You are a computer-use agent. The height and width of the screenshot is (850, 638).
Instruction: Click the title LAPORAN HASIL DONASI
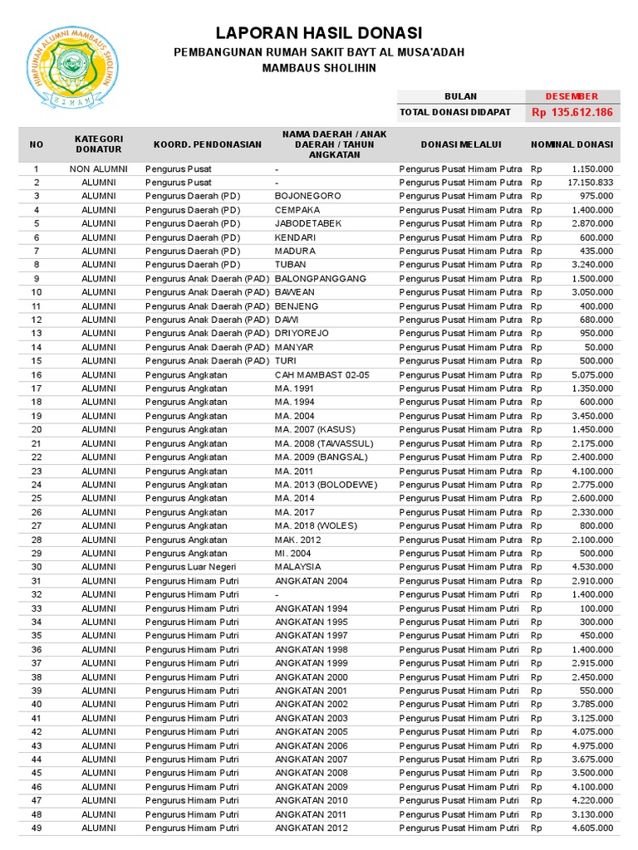coord(319,33)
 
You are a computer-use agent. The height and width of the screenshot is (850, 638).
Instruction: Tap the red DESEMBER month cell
coord(571,96)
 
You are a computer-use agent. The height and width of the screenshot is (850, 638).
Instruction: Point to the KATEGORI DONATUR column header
coord(99,144)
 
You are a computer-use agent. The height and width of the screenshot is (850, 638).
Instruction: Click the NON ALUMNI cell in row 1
coord(99,169)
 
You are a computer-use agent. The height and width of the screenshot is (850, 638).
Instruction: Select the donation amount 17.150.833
coord(590,182)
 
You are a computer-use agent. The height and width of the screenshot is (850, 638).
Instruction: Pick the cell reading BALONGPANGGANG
coord(320,278)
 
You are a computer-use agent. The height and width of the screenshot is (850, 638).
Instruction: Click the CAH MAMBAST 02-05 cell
coord(321,374)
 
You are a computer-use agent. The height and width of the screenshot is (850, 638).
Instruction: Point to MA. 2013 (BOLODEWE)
coord(326,485)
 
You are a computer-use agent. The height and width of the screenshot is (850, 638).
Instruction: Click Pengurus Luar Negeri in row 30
coord(192,567)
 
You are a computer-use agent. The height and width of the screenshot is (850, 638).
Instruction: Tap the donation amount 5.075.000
coord(591,374)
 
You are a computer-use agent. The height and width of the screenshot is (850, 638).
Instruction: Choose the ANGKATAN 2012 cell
coord(312,828)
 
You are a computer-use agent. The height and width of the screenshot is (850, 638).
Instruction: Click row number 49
coord(37,828)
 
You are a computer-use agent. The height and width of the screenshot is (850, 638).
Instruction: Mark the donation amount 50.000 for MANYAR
coord(598,347)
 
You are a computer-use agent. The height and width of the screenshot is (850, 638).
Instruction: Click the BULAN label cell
coord(461,96)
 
